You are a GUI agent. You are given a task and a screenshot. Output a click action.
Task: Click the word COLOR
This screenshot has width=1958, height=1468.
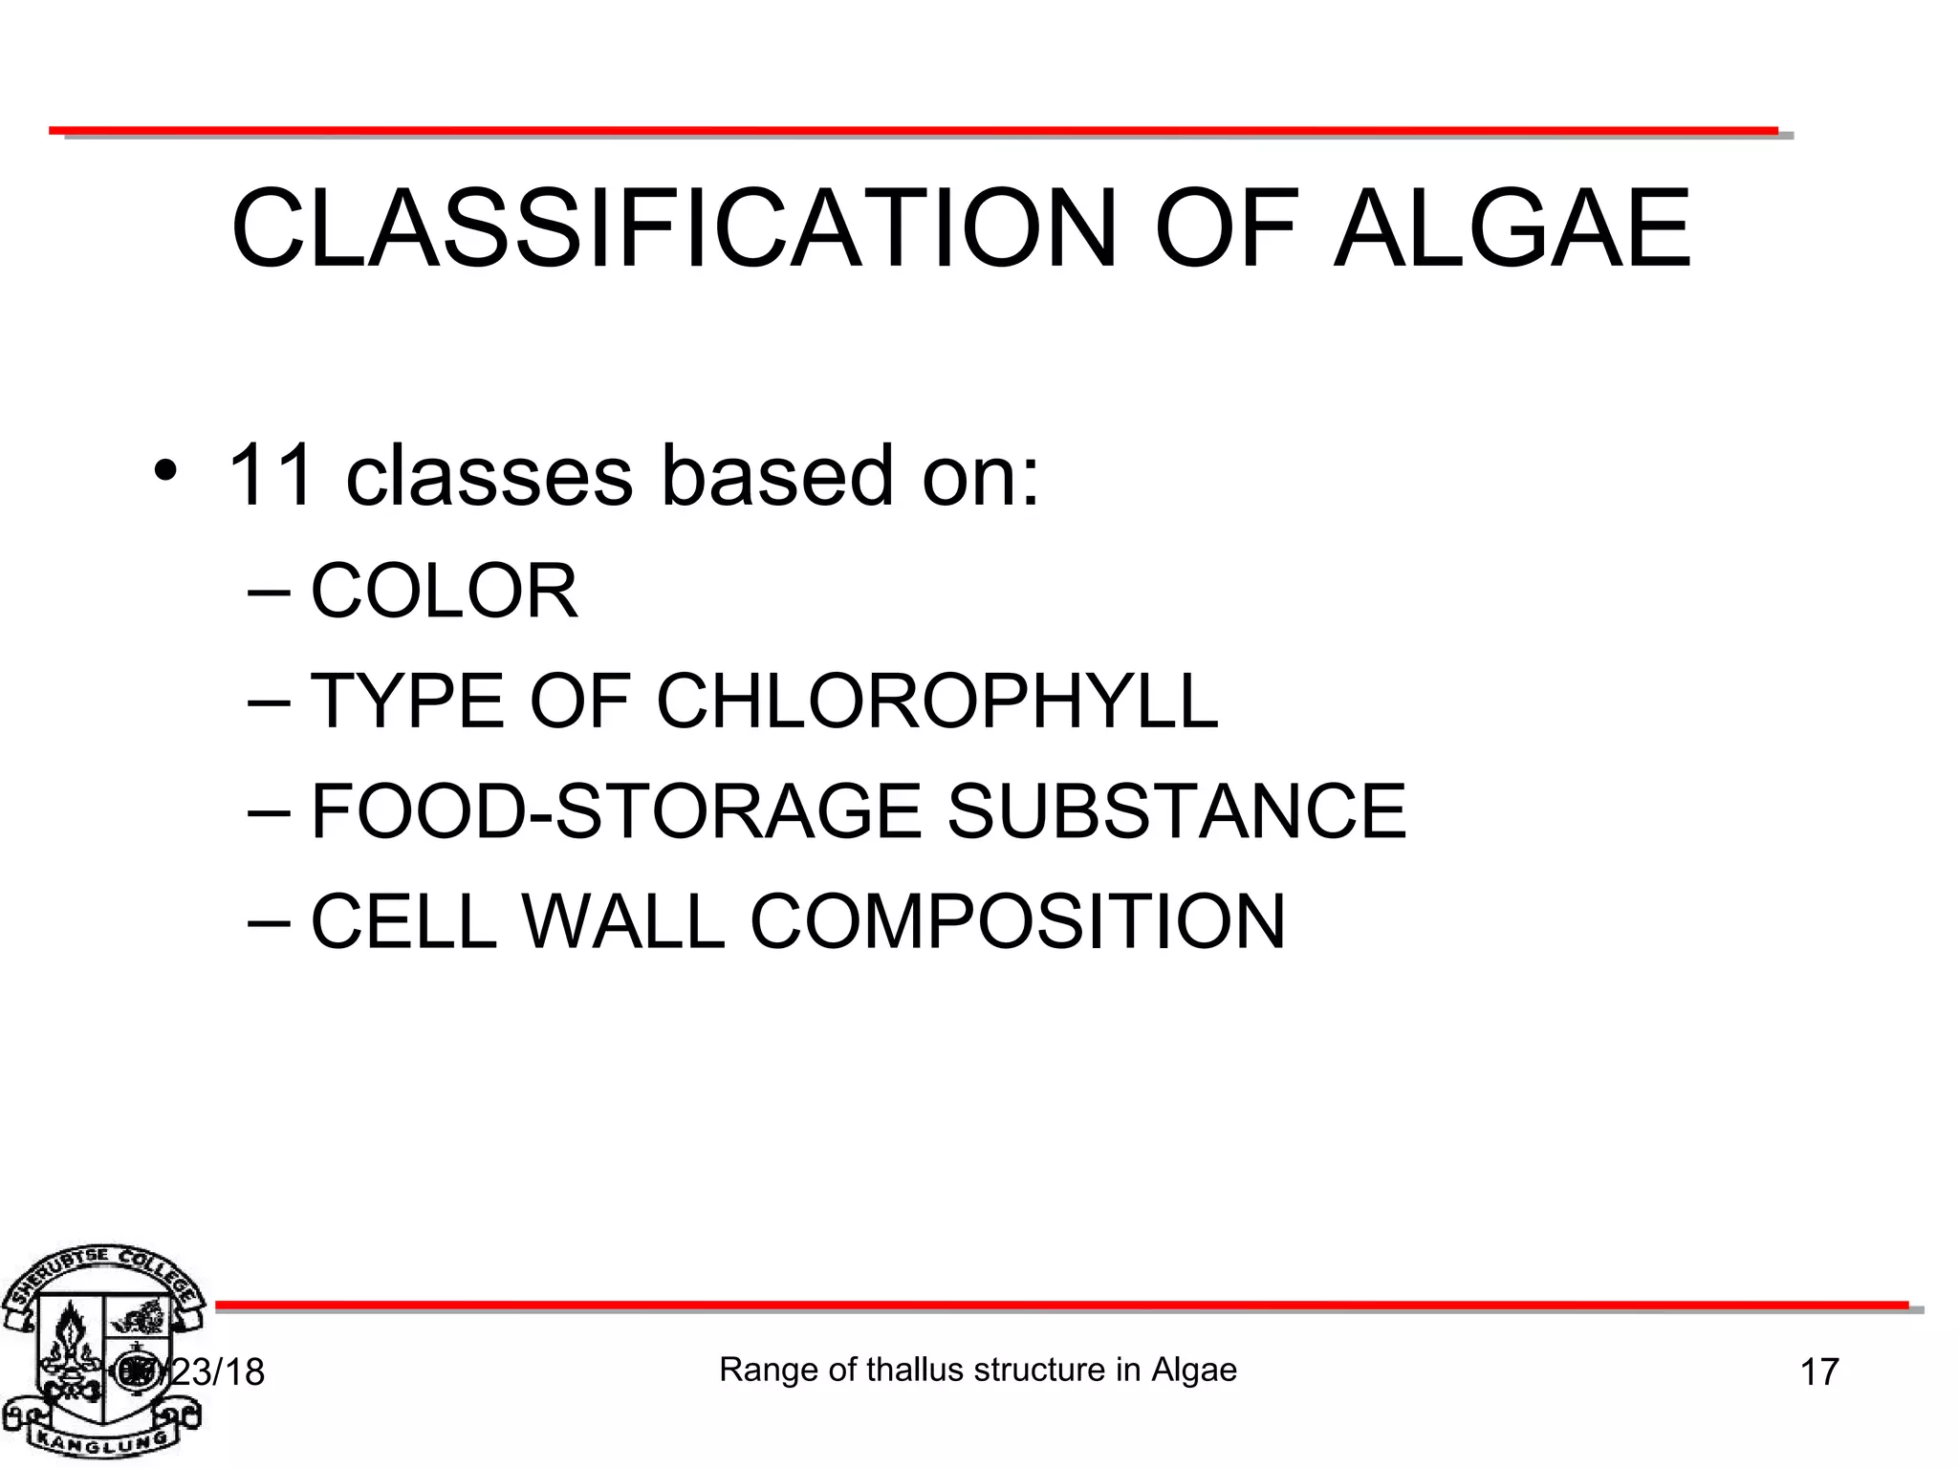click(445, 592)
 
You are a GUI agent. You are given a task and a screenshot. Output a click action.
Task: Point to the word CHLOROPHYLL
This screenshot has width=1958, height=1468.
click(937, 702)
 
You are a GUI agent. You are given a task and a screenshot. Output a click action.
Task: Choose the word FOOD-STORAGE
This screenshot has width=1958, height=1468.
click(617, 811)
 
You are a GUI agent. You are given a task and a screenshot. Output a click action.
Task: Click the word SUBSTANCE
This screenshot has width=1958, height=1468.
click(1176, 811)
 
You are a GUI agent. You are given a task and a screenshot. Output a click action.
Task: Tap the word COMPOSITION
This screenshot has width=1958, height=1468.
click(1017, 921)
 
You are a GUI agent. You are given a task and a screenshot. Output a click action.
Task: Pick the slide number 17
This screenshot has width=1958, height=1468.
click(1819, 1372)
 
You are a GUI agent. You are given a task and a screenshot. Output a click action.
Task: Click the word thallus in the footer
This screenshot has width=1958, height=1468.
click(914, 1370)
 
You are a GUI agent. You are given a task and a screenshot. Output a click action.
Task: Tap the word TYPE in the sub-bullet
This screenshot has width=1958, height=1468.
click(407, 702)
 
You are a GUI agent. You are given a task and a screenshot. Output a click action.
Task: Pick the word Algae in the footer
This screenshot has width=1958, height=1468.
click(1194, 1370)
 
